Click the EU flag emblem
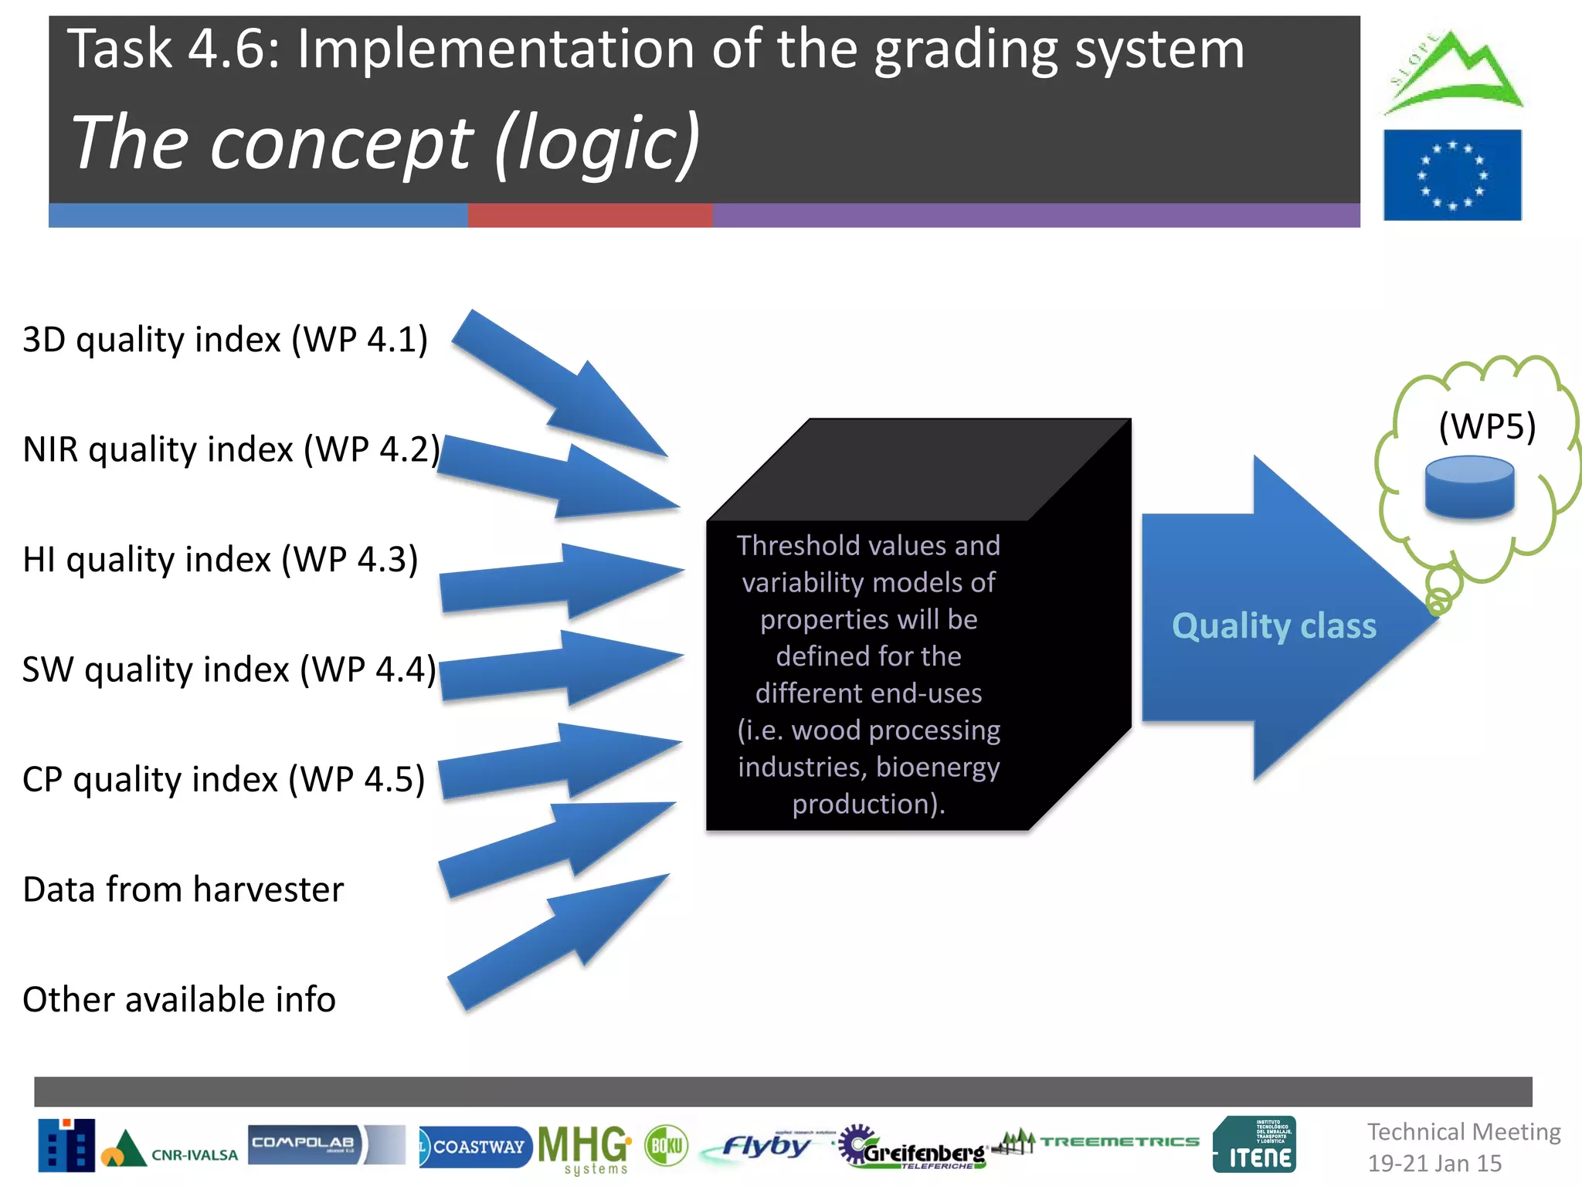(1452, 175)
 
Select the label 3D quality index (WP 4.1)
(225, 340)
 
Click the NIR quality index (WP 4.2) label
(231, 449)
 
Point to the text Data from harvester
(183, 889)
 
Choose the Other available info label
(179, 999)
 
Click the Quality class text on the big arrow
(1274, 625)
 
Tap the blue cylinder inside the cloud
(1469, 486)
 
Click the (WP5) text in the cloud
(1487, 426)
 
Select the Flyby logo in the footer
(765, 1147)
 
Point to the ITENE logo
(1254, 1144)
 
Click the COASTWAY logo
(475, 1147)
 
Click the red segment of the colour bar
(590, 215)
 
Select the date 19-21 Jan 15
(1434, 1163)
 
